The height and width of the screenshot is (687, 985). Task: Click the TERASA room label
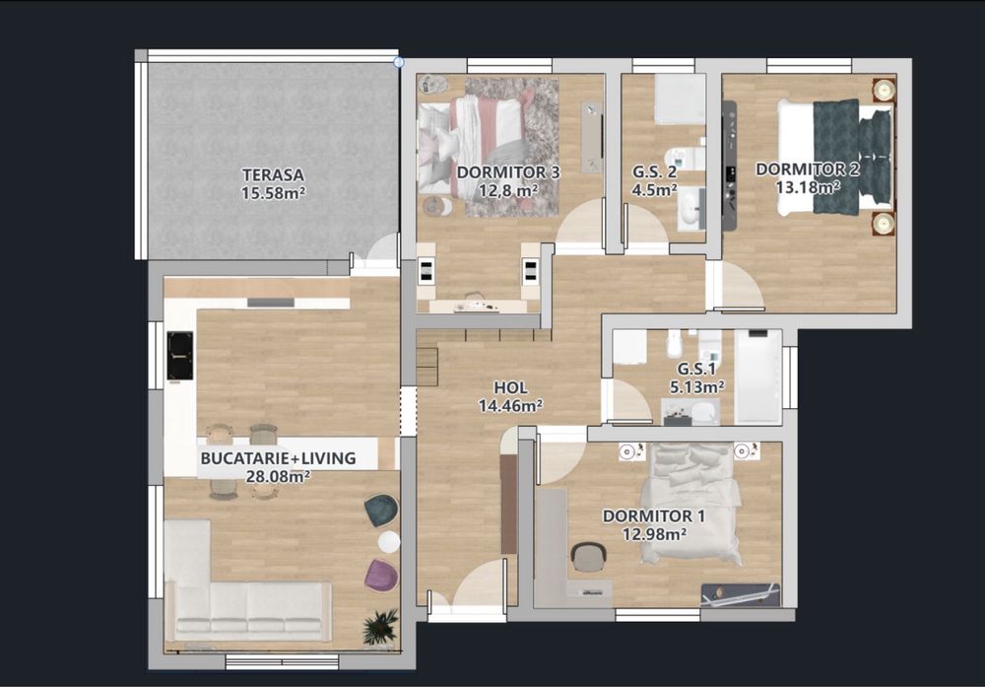click(273, 175)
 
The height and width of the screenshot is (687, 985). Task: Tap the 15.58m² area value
click(273, 193)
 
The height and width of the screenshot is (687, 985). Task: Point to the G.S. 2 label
click(654, 172)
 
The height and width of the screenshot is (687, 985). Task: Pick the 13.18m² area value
click(808, 185)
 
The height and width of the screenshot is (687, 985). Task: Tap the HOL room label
click(509, 386)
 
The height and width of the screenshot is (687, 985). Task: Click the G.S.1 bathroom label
click(700, 370)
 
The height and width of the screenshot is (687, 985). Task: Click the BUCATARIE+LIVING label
click(278, 458)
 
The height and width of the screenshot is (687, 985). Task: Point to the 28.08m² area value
click(278, 476)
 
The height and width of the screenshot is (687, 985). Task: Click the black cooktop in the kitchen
click(180, 355)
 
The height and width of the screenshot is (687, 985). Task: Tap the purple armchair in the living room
click(381, 575)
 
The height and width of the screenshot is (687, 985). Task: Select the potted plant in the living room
click(380, 627)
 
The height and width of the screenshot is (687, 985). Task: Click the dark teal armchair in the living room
click(381, 510)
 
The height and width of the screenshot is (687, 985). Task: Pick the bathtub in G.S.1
click(757, 377)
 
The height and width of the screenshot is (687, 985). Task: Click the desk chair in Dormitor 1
click(589, 558)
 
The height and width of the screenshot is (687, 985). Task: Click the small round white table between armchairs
click(389, 542)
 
